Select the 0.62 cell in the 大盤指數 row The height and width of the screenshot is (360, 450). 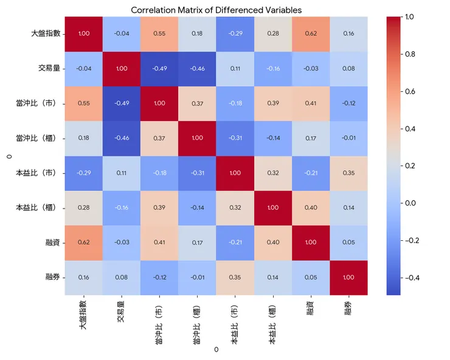click(311, 33)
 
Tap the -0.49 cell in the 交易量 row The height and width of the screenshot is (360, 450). click(159, 68)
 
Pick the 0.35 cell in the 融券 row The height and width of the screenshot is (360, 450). click(235, 277)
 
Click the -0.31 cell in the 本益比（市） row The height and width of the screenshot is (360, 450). click(197, 173)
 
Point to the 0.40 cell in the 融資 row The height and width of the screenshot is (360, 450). click(273, 243)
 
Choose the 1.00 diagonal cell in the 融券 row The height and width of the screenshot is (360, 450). click(348, 277)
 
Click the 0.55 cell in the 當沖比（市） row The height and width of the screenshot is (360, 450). click(83, 103)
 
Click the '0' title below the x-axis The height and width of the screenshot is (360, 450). click(216, 350)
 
